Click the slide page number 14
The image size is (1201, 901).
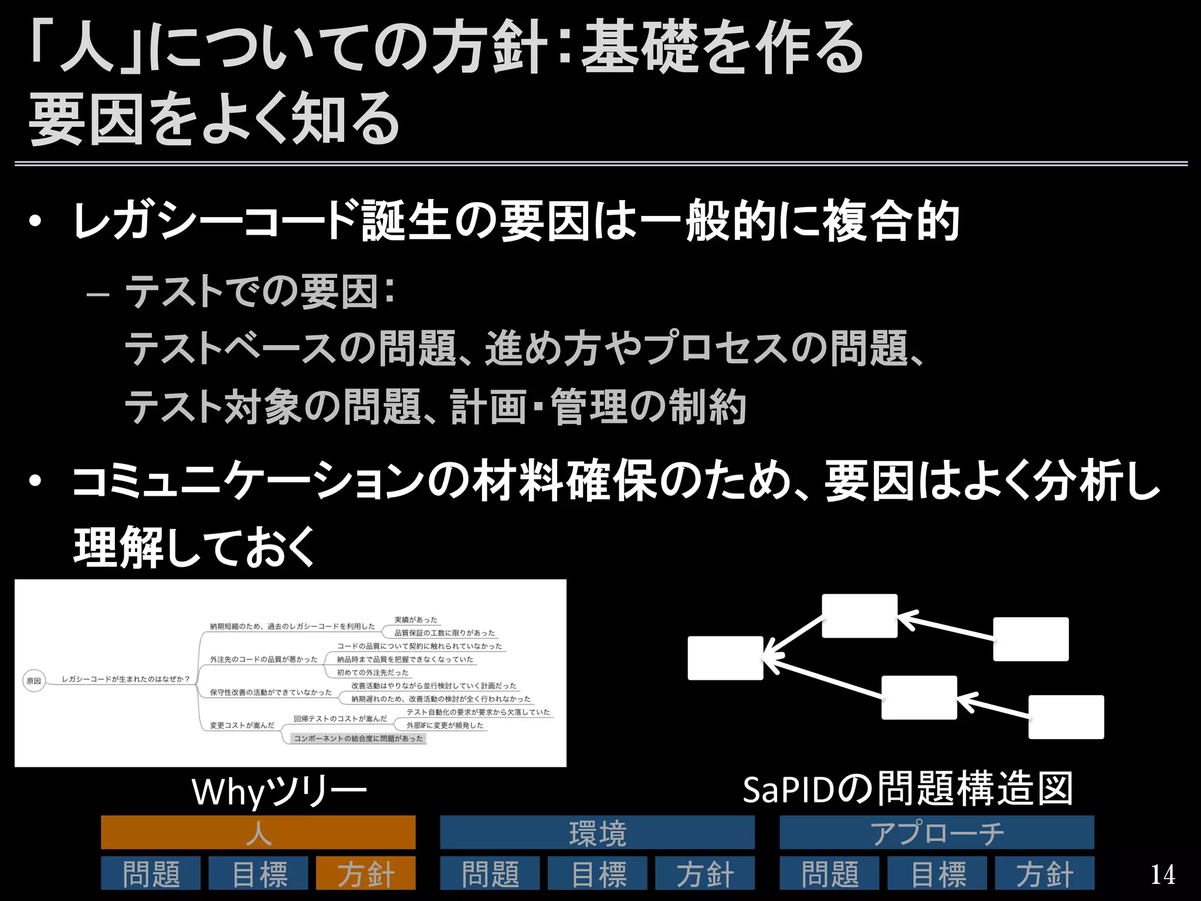point(1162,875)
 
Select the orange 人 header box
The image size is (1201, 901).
point(258,832)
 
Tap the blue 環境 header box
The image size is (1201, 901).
point(597,832)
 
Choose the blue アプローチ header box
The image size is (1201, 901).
point(937,832)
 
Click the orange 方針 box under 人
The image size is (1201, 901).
point(365,873)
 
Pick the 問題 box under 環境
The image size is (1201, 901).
point(490,873)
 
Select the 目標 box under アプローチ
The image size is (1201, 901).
point(937,873)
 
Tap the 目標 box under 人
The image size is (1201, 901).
point(258,873)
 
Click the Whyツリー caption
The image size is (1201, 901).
point(279,792)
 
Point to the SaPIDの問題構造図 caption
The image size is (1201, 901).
point(907,790)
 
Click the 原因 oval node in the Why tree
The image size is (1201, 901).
point(34,681)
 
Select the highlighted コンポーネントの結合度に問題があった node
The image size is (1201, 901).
point(358,739)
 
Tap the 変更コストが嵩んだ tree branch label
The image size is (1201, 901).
point(242,726)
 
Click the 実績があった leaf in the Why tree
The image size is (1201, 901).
point(416,620)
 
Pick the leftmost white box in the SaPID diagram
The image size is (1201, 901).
point(725,658)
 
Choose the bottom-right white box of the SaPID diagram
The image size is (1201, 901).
point(1066,717)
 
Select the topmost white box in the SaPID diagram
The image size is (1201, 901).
point(859,616)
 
